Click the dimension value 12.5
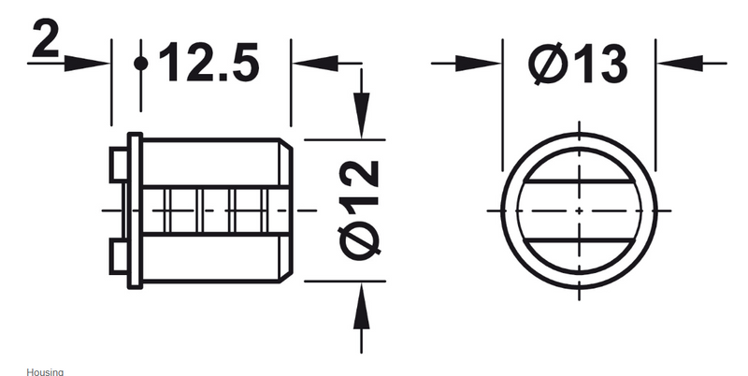coord(208,65)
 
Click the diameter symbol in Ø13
coord(544,65)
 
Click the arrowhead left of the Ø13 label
coord(482,63)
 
